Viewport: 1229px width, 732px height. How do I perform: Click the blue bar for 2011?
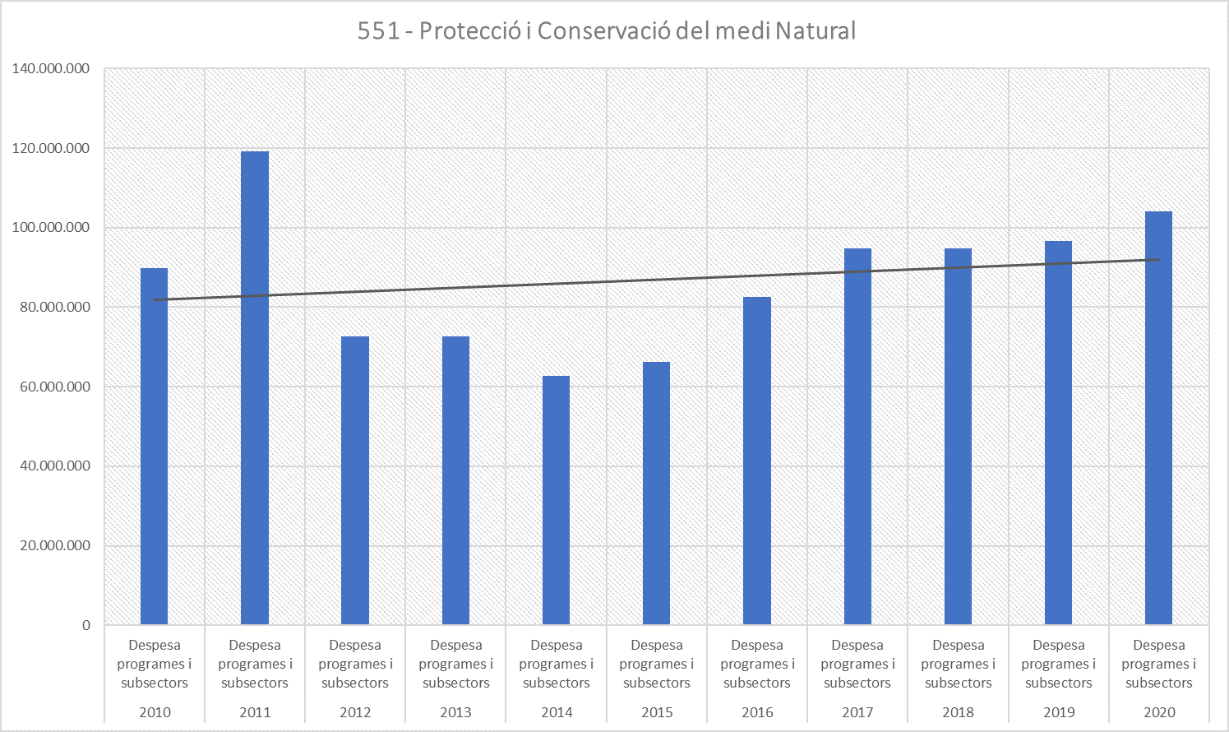pyautogui.click(x=255, y=387)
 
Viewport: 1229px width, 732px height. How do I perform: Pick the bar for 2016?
pyautogui.click(x=757, y=461)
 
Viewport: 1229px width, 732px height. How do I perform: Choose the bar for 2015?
pyautogui.click(x=657, y=493)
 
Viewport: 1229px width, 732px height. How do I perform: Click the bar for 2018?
pyautogui.click(x=958, y=436)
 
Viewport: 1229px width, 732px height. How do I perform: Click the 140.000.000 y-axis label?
pyautogui.click(x=51, y=69)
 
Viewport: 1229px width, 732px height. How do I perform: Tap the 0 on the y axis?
pyautogui.click(x=86, y=625)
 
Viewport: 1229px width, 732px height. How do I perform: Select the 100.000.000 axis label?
pyautogui.click(x=51, y=228)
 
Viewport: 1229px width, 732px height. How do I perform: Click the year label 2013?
pyautogui.click(x=455, y=712)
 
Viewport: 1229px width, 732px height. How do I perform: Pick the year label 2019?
pyautogui.click(x=1059, y=712)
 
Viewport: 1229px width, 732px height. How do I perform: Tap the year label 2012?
pyautogui.click(x=355, y=712)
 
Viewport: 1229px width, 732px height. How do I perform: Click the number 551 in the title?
pyautogui.click(x=379, y=31)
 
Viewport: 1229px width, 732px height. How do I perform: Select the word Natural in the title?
pyautogui.click(x=815, y=31)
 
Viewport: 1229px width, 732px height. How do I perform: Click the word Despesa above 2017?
pyautogui.click(x=857, y=646)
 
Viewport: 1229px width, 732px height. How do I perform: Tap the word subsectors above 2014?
pyautogui.click(x=557, y=683)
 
